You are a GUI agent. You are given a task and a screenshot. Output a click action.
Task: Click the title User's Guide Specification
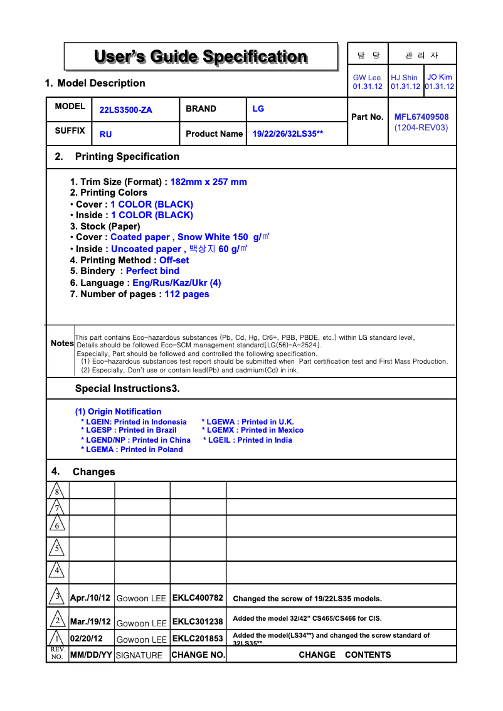click(x=201, y=57)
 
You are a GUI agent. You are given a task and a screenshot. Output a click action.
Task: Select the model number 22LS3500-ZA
click(x=125, y=110)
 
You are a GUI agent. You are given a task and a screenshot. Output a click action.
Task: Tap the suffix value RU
click(x=105, y=134)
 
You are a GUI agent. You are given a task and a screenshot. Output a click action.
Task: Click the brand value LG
click(x=258, y=108)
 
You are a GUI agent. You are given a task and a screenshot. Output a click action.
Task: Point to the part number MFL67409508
click(x=421, y=117)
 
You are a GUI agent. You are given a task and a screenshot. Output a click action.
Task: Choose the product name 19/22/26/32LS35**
click(x=287, y=134)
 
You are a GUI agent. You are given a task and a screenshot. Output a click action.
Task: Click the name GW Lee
click(x=367, y=78)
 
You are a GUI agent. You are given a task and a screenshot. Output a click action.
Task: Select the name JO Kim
click(x=439, y=77)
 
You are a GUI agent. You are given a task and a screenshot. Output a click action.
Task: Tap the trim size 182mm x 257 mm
click(x=208, y=182)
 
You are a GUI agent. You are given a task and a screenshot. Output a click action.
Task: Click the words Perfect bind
click(x=152, y=271)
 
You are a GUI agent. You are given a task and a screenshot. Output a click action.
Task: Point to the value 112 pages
click(x=187, y=294)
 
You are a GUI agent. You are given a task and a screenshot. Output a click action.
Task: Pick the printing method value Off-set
click(x=174, y=260)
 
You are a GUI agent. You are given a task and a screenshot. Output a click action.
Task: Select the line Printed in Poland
click(x=132, y=450)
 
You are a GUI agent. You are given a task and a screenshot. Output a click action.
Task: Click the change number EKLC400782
click(x=198, y=598)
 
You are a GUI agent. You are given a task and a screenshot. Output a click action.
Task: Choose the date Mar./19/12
click(x=90, y=622)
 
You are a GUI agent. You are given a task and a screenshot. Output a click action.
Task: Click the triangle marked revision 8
click(x=57, y=490)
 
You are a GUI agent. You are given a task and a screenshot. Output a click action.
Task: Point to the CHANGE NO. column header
click(x=198, y=655)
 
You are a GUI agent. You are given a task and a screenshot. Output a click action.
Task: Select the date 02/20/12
click(x=87, y=639)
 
